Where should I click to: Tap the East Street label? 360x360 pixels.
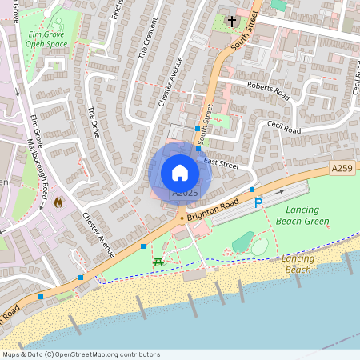click(222, 163)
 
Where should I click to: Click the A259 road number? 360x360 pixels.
click(342, 168)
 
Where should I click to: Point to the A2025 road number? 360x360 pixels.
click(185, 193)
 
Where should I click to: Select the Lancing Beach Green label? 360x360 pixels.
click(302, 214)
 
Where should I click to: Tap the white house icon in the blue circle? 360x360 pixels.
click(180, 172)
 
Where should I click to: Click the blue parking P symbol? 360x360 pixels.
click(258, 204)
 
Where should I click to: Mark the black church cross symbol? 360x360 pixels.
click(232, 21)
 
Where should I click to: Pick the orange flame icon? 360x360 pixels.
click(58, 203)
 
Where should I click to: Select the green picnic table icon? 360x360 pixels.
click(158, 262)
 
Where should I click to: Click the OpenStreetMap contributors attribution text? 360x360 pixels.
click(81, 354)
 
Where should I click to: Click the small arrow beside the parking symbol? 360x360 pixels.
click(279, 192)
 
